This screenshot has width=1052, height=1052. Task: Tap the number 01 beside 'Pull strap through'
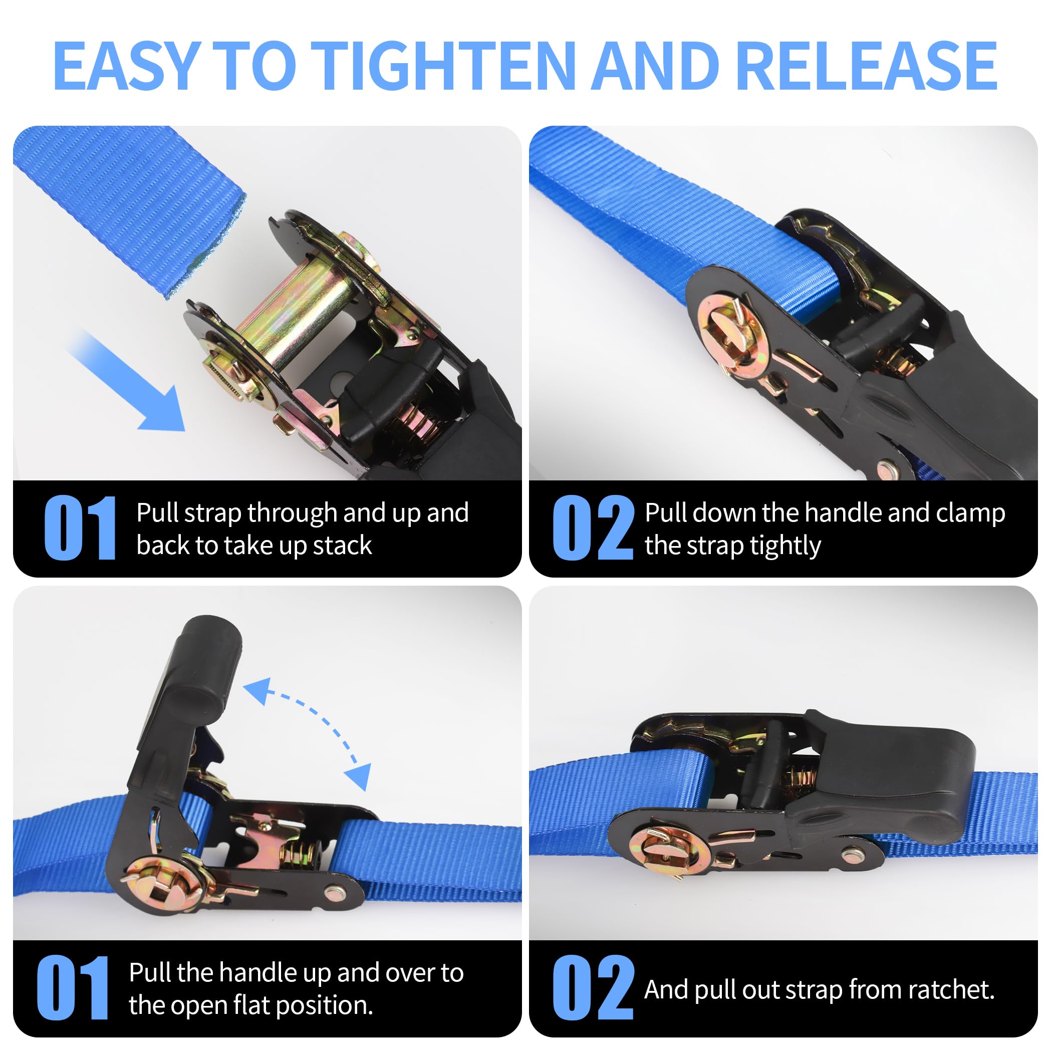(80, 528)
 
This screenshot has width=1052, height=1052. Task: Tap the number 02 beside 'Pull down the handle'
(593, 528)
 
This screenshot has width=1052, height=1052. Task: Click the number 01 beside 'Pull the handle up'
(73, 988)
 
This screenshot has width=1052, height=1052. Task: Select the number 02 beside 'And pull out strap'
(593, 988)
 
